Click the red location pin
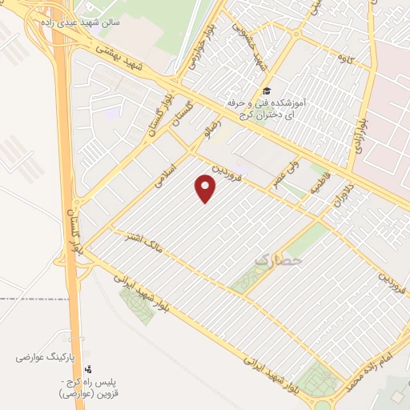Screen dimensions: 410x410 click(x=207, y=188)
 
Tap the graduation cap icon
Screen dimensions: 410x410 click(x=265, y=92)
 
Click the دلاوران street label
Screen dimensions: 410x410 click(x=343, y=196)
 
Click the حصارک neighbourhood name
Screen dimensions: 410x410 click(x=279, y=259)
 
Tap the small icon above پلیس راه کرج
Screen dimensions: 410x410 click(x=88, y=369)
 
